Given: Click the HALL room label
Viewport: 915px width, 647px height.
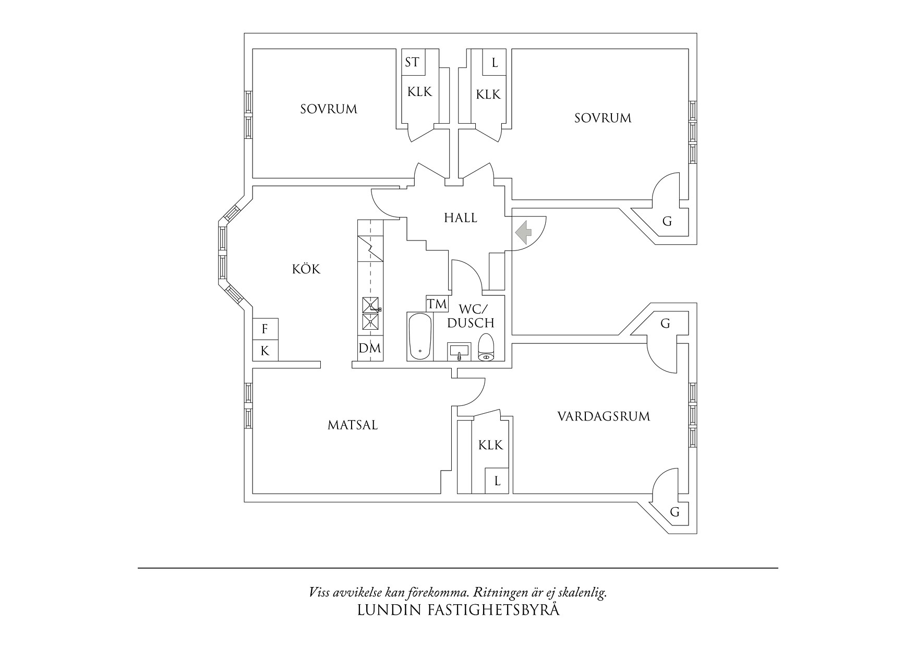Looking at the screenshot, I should (x=461, y=218).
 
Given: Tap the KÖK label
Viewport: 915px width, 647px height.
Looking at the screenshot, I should (x=306, y=269).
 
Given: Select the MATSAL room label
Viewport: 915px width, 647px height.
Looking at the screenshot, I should (x=353, y=425).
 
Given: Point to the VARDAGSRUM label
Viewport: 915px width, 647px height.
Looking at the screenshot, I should (x=604, y=416).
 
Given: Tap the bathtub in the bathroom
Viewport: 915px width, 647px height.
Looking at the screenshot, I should (x=419, y=337).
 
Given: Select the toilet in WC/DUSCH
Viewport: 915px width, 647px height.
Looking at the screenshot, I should (x=486, y=347).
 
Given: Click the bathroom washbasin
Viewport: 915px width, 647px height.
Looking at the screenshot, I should (x=459, y=352).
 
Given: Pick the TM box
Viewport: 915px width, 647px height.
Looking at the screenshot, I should (x=437, y=304).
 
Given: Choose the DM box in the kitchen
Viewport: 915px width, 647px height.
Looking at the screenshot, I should (x=370, y=348).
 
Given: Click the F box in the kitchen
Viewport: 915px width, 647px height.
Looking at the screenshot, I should (x=265, y=329).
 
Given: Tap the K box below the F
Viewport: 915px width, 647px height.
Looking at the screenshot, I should (x=265, y=351).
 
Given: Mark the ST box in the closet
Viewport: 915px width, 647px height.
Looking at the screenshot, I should (x=412, y=63).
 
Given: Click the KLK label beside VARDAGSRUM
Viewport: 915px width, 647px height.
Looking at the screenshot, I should (x=491, y=445).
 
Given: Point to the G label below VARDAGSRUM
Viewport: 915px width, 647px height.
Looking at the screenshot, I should (x=675, y=512).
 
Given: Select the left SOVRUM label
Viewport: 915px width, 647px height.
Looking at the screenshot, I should (x=329, y=109).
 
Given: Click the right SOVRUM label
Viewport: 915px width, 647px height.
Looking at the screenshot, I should (x=603, y=118).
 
